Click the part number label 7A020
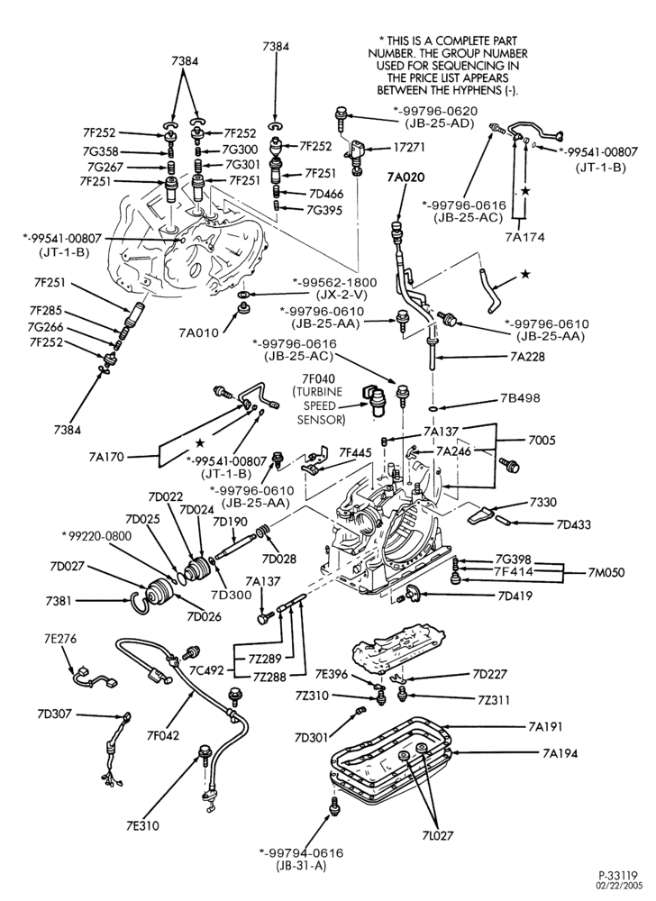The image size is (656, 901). (x=405, y=177)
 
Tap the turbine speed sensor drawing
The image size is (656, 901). (x=372, y=397)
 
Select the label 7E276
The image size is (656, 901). (x=60, y=639)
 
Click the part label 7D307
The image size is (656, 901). (x=54, y=714)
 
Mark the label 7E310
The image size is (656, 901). (x=142, y=825)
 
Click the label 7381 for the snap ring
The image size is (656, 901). (x=59, y=601)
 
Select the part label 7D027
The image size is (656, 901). (x=68, y=566)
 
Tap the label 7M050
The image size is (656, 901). (x=606, y=573)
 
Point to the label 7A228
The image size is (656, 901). (x=527, y=356)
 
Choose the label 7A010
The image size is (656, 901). (x=198, y=332)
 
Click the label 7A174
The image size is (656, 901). (x=525, y=237)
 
